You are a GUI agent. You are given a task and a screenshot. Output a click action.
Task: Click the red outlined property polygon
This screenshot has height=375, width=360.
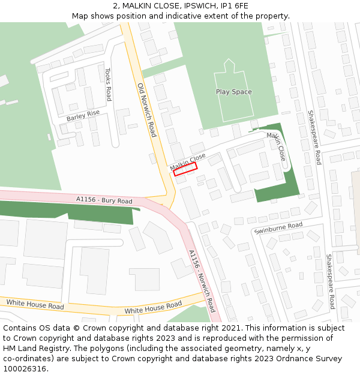(x=185, y=169)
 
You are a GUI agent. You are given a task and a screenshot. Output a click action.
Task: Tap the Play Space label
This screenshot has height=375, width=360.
(x=234, y=92)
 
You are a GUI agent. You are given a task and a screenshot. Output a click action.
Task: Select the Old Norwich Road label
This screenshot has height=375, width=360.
(x=146, y=110)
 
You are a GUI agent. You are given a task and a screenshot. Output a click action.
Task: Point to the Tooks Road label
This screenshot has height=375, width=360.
(x=108, y=84)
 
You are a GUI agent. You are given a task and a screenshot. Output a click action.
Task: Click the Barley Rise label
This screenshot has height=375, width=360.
(x=83, y=115)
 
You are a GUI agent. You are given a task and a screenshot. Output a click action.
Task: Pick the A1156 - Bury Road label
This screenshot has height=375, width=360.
(x=104, y=200)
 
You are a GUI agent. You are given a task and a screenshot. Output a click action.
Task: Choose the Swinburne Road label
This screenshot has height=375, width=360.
(x=278, y=228)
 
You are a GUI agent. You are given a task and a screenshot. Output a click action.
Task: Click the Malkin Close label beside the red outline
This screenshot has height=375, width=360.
(x=188, y=161)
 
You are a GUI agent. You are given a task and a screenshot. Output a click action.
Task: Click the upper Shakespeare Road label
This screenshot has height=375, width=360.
(x=314, y=137)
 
